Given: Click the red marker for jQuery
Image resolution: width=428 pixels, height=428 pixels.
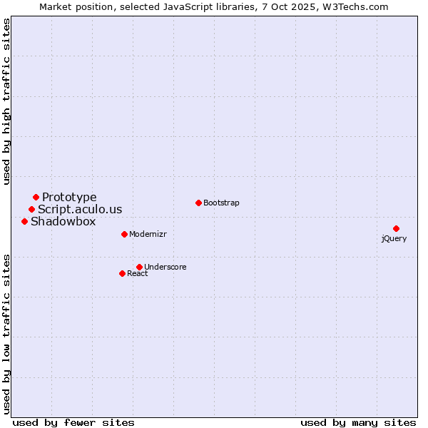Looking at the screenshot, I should (x=396, y=228).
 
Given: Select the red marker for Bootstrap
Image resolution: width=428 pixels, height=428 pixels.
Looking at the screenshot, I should (x=198, y=203).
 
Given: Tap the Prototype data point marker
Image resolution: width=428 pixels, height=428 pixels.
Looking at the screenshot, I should (x=36, y=197).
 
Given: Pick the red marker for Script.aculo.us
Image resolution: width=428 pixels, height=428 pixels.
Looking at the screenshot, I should (x=31, y=209).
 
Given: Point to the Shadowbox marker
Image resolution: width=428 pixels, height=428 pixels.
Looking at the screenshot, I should (x=24, y=221).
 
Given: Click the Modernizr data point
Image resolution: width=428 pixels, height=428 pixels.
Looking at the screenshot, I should (x=124, y=234).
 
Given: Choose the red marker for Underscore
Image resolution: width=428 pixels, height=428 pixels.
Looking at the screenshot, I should (x=139, y=267).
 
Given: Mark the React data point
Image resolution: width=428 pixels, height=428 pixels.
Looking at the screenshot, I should (x=122, y=273).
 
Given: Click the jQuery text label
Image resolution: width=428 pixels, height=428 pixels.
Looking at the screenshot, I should (x=394, y=238).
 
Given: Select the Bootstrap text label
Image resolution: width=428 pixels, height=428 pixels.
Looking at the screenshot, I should (x=221, y=203).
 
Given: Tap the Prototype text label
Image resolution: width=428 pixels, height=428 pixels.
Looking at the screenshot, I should (x=69, y=197).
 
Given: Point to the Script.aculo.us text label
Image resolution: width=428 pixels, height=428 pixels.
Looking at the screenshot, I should (x=80, y=209).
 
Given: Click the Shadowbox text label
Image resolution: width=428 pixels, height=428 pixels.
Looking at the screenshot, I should (x=63, y=221).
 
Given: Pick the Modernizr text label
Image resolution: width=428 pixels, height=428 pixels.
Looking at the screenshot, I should (x=148, y=234).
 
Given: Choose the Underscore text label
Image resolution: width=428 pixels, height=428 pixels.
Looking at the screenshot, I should (x=165, y=267).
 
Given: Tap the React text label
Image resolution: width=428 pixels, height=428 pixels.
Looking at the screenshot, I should (x=138, y=273).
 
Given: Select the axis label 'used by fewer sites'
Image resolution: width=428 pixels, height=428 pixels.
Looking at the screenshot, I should (x=73, y=422).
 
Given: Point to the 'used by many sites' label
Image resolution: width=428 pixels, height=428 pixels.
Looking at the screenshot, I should (x=358, y=422).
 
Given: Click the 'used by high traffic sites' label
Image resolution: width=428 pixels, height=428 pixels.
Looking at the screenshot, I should (x=6, y=101).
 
